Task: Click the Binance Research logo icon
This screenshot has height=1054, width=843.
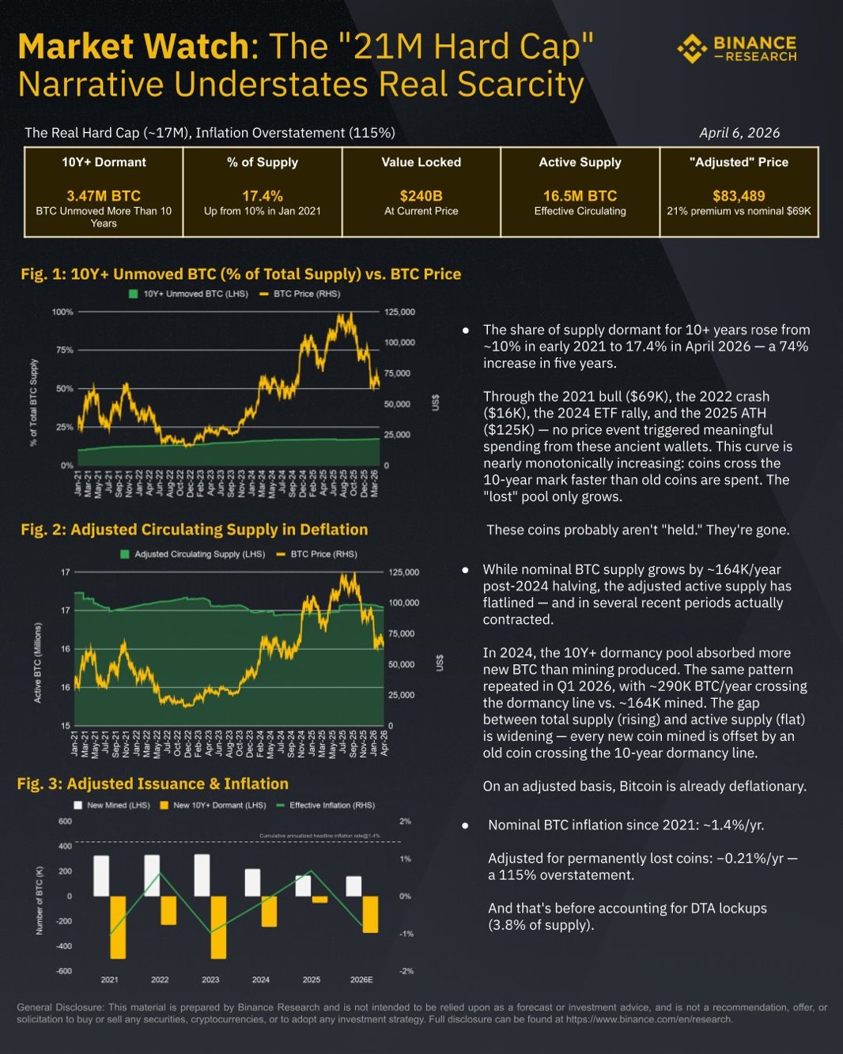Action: pyautogui.click(x=692, y=48)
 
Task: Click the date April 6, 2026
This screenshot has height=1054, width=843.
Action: pyautogui.click(x=739, y=133)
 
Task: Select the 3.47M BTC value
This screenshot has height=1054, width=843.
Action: pyautogui.click(x=104, y=195)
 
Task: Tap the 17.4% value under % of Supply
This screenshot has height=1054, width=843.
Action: pyautogui.click(x=263, y=195)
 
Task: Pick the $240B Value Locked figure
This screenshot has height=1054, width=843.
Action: pyautogui.click(x=421, y=195)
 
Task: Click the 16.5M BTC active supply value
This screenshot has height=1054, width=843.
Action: pyautogui.click(x=580, y=195)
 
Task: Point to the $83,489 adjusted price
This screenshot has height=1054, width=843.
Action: pyautogui.click(x=739, y=195)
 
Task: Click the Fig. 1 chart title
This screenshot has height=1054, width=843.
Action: pyautogui.click(x=241, y=274)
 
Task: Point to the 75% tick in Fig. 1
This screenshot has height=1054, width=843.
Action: pyautogui.click(x=63, y=349)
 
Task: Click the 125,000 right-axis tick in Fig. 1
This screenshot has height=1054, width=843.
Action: pyautogui.click(x=399, y=312)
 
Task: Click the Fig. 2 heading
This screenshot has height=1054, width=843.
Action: pyautogui.click(x=195, y=529)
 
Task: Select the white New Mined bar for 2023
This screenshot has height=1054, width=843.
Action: pyautogui.click(x=202, y=875)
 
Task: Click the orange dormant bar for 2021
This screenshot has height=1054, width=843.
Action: pyautogui.click(x=118, y=927)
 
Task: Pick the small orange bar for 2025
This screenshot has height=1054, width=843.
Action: pyautogui.click(x=319, y=899)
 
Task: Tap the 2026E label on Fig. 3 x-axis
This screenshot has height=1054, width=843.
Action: pyautogui.click(x=361, y=979)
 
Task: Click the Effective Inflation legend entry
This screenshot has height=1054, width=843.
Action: pyautogui.click(x=325, y=805)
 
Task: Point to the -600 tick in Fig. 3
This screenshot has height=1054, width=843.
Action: pyautogui.click(x=64, y=971)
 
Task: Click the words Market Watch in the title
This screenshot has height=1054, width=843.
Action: pyautogui.click(x=133, y=47)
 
